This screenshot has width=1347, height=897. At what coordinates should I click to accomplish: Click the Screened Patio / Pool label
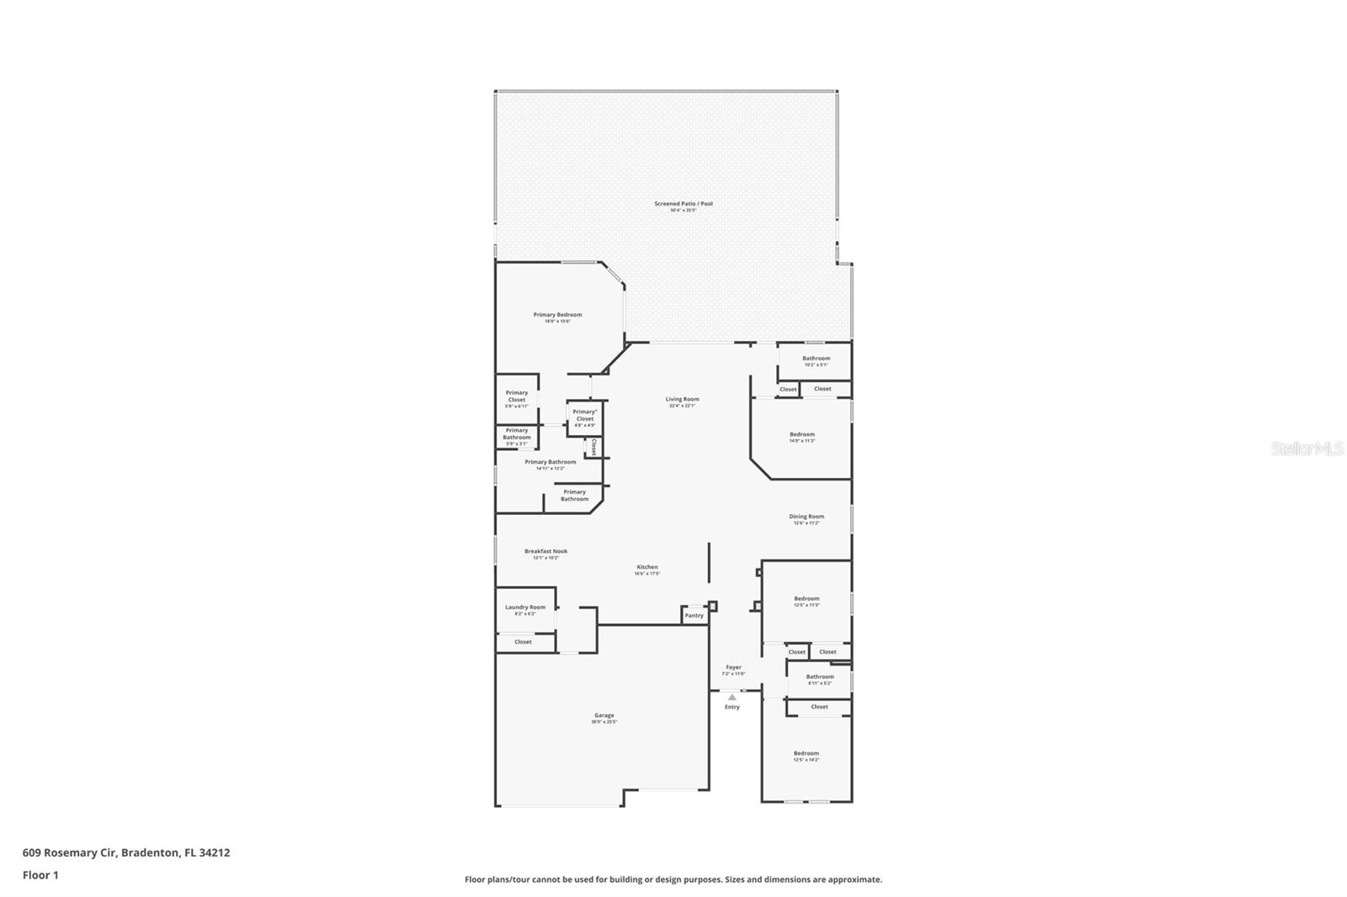[x=683, y=204]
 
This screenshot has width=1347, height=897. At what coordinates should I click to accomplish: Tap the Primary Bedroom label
[x=557, y=316]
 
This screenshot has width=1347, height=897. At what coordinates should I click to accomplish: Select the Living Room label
[x=682, y=400]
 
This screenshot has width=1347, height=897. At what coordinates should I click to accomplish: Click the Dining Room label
[x=806, y=517]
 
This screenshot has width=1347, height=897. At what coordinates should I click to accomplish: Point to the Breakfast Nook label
[x=546, y=552]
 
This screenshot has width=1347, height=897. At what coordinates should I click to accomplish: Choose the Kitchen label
[x=647, y=568]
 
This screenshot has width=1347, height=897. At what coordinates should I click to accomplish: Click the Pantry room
[x=694, y=615]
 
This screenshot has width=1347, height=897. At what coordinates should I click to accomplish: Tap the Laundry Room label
[x=524, y=608]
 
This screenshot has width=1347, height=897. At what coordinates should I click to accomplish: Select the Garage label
[x=604, y=716]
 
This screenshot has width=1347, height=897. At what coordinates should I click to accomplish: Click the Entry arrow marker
[x=732, y=697]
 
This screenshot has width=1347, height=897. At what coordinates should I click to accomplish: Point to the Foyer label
[x=733, y=668]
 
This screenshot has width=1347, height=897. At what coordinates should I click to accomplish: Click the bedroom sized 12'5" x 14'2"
[x=806, y=755]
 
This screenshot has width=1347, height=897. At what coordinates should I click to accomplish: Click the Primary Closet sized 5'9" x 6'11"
[x=516, y=397]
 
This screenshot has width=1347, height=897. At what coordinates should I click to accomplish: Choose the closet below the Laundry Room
[x=523, y=642]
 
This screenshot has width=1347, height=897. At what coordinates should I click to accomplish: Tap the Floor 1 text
[x=40, y=875]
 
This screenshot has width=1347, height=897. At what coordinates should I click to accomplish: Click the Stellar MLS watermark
[x=1307, y=449]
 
